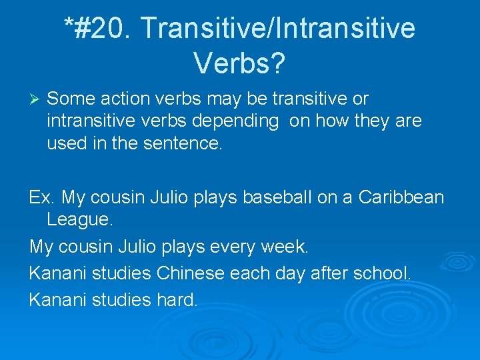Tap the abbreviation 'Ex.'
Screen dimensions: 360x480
pos(42,197)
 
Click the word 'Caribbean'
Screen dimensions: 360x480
pos(401,197)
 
